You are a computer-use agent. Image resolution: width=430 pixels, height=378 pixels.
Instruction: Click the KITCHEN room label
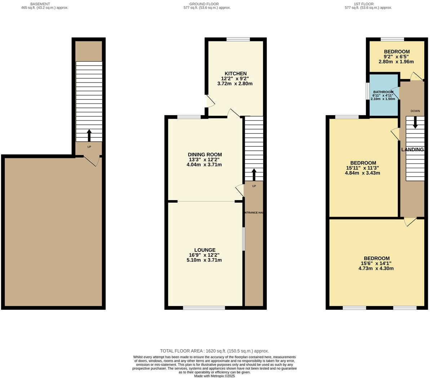pyautogui.click(x=235, y=73)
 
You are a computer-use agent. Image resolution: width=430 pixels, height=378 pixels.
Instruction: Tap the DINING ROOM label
pyautogui.click(x=204, y=154)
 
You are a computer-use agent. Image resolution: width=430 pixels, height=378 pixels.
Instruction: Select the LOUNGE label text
pyautogui.click(x=205, y=250)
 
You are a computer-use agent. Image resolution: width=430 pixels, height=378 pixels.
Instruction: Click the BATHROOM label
pyautogui.click(x=384, y=92)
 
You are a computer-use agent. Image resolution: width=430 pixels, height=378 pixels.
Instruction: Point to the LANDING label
pyautogui.click(x=412, y=149)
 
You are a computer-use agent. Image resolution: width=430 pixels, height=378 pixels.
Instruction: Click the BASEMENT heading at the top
pyautogui.click(x=40, y=4)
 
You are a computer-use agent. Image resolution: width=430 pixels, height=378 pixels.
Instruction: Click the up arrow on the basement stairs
pyautogui.click(x=89, y=135)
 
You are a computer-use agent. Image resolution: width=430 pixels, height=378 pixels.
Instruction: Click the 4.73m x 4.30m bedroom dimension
pyautogui.click(x=376, y=268)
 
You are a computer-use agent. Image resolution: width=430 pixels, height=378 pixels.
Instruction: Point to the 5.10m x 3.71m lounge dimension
pyautogui.click(x=204, y=260)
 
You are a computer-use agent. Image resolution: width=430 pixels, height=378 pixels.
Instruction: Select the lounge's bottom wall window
pyautogui.click(x=204, y=308)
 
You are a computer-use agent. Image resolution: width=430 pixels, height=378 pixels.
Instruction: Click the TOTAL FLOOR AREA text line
pyautogui.click(x=214, y=351)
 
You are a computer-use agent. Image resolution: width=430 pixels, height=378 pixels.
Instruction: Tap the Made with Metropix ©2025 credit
pyautogui.click(x=214, y=376)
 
